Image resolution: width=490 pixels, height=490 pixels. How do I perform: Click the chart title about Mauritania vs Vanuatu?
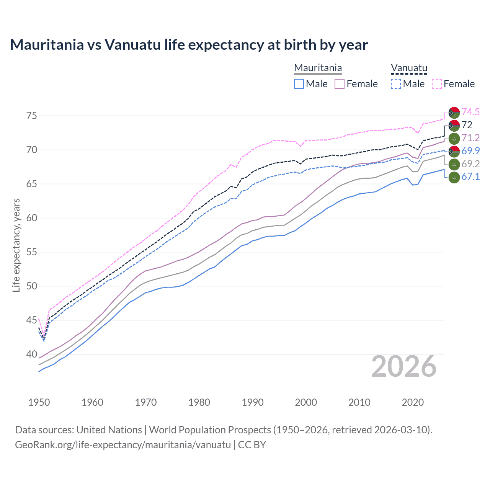[x=189, y=45]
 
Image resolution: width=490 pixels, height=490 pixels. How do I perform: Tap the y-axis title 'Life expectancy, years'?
[x=16, y=245]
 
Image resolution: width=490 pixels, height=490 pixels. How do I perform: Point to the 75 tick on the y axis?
[x=32, y=116]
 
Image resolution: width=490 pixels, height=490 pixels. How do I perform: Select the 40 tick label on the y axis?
[x=32, y=354]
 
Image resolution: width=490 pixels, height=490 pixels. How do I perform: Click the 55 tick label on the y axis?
[x=32, y=252]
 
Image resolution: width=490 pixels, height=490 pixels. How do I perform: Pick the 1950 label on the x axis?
[x=39, y=402]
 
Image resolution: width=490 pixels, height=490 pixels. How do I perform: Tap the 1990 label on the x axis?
[x=253, y=402]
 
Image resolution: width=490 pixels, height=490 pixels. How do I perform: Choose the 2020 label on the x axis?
[x=413, y=402]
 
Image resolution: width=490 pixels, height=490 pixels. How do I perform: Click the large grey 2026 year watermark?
[x=404, y=367]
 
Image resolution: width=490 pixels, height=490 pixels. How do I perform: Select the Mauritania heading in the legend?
[x=318, y=68]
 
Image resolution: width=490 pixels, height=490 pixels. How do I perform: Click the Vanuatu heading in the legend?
[x=409, y=68]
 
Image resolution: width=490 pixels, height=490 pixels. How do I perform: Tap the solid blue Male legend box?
[x=299, y=84]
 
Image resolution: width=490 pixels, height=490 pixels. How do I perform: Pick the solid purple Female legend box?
[x=340, y=84]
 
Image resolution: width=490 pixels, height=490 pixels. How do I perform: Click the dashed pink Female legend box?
[x=437, y=84]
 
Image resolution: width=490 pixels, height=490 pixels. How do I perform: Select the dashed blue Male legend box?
[x=396, y=84]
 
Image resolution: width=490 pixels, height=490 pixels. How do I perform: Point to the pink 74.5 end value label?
[x=470, y=112]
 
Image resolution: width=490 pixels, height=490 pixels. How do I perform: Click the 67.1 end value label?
[x=470, y=176]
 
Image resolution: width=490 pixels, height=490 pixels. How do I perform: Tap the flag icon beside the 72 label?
[x=454, y=125]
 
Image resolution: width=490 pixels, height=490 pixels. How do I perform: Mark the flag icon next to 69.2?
[x=454, y=164]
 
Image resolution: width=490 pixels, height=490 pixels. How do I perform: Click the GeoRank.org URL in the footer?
[x=123, y=445]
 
